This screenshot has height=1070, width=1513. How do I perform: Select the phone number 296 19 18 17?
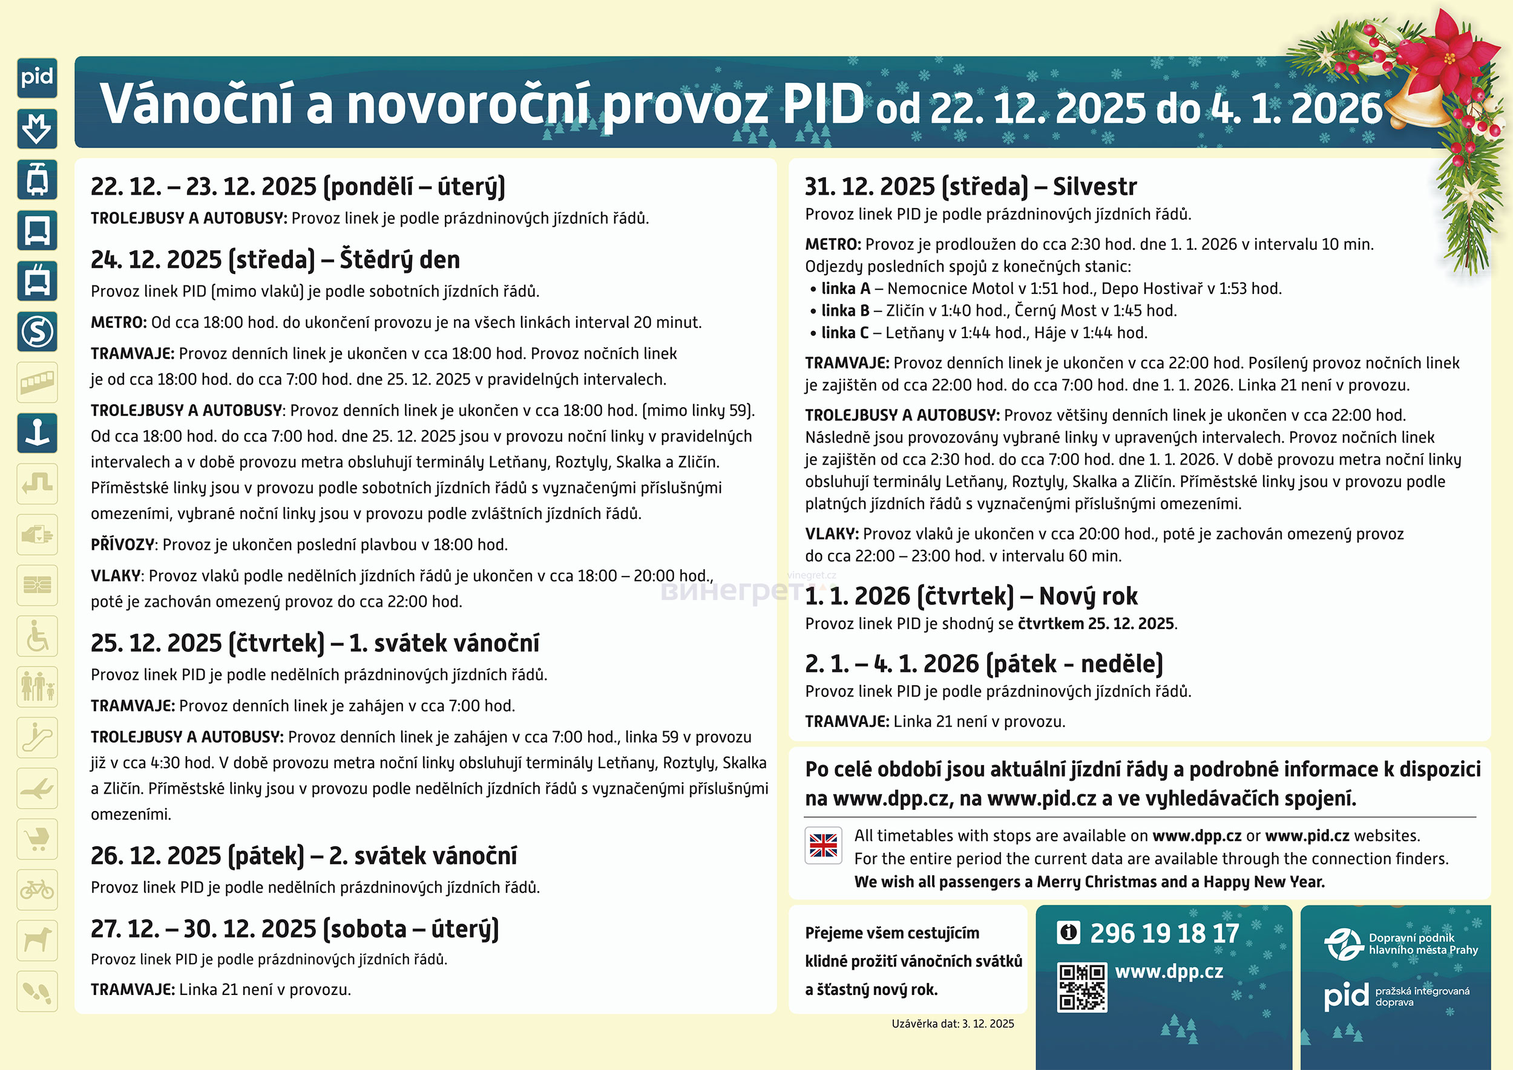click(x=1164, y=933)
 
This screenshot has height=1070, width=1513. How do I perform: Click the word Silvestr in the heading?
click(x=1094, y=187)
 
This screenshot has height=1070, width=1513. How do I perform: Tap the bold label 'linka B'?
click(x=845, y=310)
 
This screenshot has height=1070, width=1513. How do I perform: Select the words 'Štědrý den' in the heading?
click(x=399, y=259)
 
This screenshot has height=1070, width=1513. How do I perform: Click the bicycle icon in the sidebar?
click(x=37, y=890)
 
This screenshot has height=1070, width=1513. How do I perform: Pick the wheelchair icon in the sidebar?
click(x=37, y=636)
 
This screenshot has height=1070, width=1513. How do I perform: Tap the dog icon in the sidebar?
click(x=37, y=940)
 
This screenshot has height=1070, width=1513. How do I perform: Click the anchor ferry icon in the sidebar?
click(x=37, y=434)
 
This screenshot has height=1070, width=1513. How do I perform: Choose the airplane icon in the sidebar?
click(x=37, y=788)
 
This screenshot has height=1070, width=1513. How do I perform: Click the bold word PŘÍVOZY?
click(x=123, y=545)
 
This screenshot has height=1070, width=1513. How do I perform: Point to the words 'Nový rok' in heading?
click(x=1088, y=596)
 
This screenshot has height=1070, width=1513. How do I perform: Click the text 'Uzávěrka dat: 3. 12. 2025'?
click(x=953, y=1024)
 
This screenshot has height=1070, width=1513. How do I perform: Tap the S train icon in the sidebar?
click(x=37, y=331)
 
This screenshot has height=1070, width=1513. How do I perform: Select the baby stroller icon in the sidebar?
click(x=37, y=839)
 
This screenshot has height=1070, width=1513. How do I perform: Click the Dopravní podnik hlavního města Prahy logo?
click(x=1401, y=944)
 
